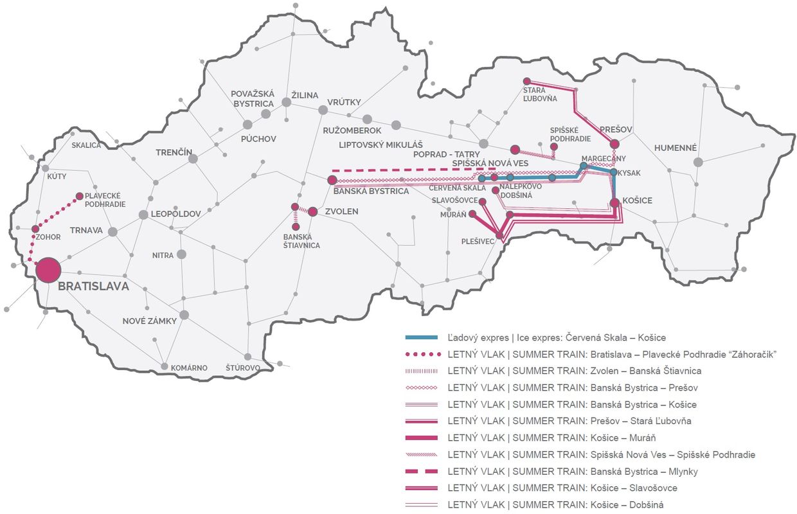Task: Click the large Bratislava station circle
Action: (x=48, y=270)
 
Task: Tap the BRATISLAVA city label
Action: (x=93, y=287)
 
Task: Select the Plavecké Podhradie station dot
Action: (x=79, y=196)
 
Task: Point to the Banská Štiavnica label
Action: (x=301, y=241)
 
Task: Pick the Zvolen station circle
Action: (x=313, y=211)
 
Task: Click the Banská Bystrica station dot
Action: (x=332, y=180)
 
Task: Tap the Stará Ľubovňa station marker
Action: (x=526, y=81)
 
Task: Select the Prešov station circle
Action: (x=614, y=144)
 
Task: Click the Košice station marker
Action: (x=614, y=203)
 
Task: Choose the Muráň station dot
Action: (x=472, y=214)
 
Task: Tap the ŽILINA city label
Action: (x=305, y=95)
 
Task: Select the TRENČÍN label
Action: (x=174, y=152)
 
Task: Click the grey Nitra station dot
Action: (x=181, y=254)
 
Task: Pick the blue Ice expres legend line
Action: (x=422, y=337)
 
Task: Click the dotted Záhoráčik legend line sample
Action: (x=422, y=354)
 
